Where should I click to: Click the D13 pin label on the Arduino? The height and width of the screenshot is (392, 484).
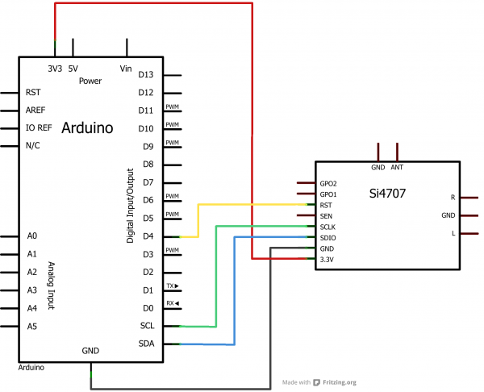click(x=146, y=74)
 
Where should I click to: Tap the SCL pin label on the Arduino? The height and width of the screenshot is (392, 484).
click(x=145, y=326)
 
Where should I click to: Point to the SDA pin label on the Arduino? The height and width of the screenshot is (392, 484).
click(x=145, y=344)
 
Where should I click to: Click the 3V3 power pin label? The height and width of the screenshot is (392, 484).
click(x=55, y=69)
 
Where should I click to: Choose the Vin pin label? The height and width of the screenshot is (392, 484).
click(x=125, y=69)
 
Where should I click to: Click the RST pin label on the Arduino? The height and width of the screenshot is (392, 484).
click(x=33, y=93)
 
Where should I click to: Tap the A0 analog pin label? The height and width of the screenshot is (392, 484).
click(x=31, y=236)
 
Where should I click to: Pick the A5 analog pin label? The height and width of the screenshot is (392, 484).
click(x=31, y=326)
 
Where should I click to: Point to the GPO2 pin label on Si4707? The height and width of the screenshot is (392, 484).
click(x=329, y=184)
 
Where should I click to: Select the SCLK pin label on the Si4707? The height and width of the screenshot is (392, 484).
click(x=328, y=227)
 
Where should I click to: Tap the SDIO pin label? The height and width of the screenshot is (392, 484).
click(x=328, y=238)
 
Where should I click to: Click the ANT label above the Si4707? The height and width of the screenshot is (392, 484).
click(x=397, y=167)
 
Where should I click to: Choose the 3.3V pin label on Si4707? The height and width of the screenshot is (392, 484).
click(x=328, y=260)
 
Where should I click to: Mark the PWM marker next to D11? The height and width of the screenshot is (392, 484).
click(x=172, y=107)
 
